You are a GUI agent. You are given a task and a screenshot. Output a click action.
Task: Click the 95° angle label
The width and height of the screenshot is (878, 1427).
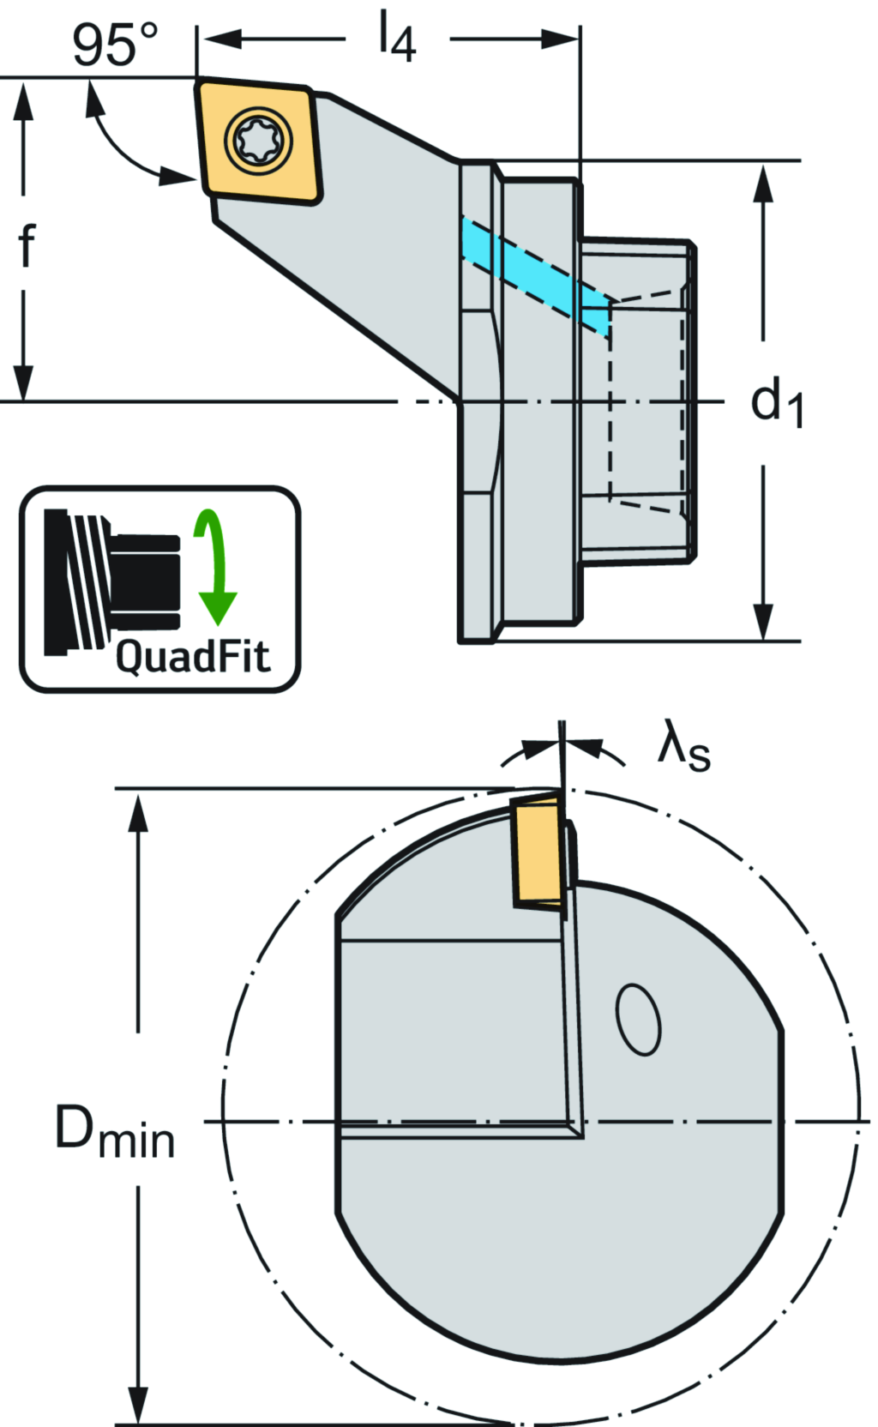click(115, 45)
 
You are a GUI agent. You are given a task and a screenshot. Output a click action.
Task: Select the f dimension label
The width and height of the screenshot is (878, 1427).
click(27, 246)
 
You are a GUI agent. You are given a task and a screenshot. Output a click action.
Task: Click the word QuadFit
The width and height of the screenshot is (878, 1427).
click(192, 657)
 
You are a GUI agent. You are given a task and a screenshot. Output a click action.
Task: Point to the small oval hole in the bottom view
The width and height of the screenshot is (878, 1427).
click(639, 1019)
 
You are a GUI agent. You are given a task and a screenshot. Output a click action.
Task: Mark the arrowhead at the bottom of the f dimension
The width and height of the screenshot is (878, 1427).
click(24, 381)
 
